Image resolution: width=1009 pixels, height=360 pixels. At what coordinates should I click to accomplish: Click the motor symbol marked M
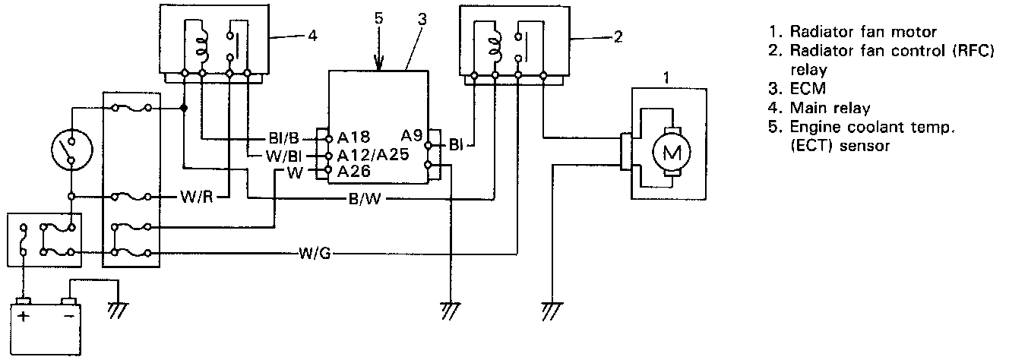click(x=672, y=153)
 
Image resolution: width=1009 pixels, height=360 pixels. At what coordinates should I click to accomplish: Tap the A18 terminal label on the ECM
click(x=353, y=137)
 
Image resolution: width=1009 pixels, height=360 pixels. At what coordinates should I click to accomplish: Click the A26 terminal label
click(x=353, y=172)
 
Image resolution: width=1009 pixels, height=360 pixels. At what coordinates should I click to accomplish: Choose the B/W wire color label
click(x=365, y=201)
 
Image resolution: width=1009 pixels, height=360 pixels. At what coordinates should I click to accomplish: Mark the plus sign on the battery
click(x=24, y=316)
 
